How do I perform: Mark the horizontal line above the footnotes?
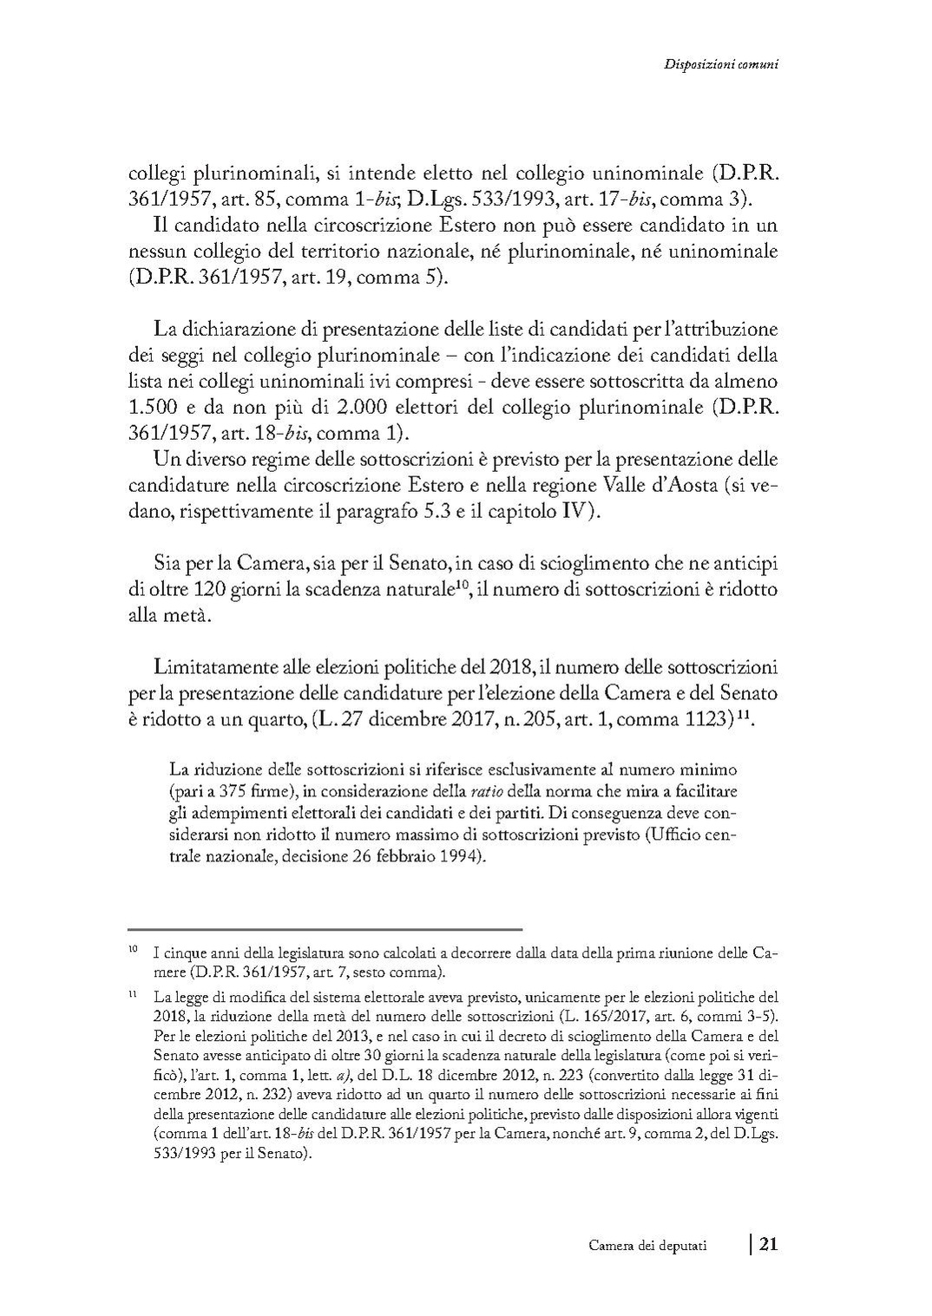pos(325,929)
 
